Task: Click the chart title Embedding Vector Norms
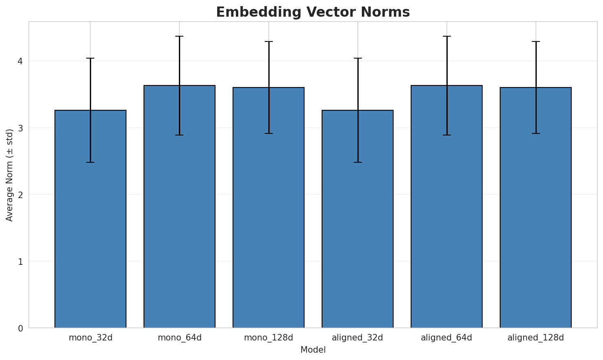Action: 313,12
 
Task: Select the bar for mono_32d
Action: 90,220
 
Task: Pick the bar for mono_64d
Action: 179,207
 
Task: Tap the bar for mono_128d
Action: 268,208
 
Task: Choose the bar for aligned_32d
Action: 357,220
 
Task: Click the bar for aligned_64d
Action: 446,207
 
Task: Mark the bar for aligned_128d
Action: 536,208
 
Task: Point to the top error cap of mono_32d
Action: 90,59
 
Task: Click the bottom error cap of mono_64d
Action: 179,135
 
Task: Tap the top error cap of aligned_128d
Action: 536,41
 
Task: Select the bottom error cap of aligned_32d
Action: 357,162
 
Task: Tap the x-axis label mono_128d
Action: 268,338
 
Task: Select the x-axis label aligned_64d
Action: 446,338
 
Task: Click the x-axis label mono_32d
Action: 90,338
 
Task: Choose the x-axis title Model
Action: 313,350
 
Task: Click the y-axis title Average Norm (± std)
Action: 10,175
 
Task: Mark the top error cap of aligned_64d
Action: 446,36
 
